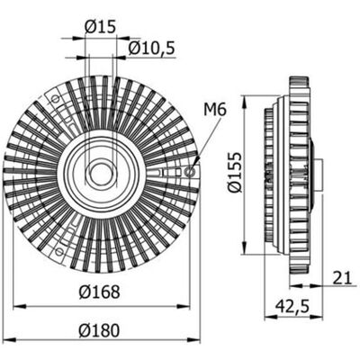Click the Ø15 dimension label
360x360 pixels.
tap(100, 27)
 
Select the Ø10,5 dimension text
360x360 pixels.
tap(151, 49)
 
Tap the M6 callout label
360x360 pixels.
tap(215, 110)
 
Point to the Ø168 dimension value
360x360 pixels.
tap(100, 292)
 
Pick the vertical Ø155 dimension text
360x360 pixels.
tap(234, 172)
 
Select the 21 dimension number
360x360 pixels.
tap(342, 278)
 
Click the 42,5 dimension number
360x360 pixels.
tap(292, 307)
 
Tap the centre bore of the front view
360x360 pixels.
tap(101, 173)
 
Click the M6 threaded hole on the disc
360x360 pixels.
tap(190, 172)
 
